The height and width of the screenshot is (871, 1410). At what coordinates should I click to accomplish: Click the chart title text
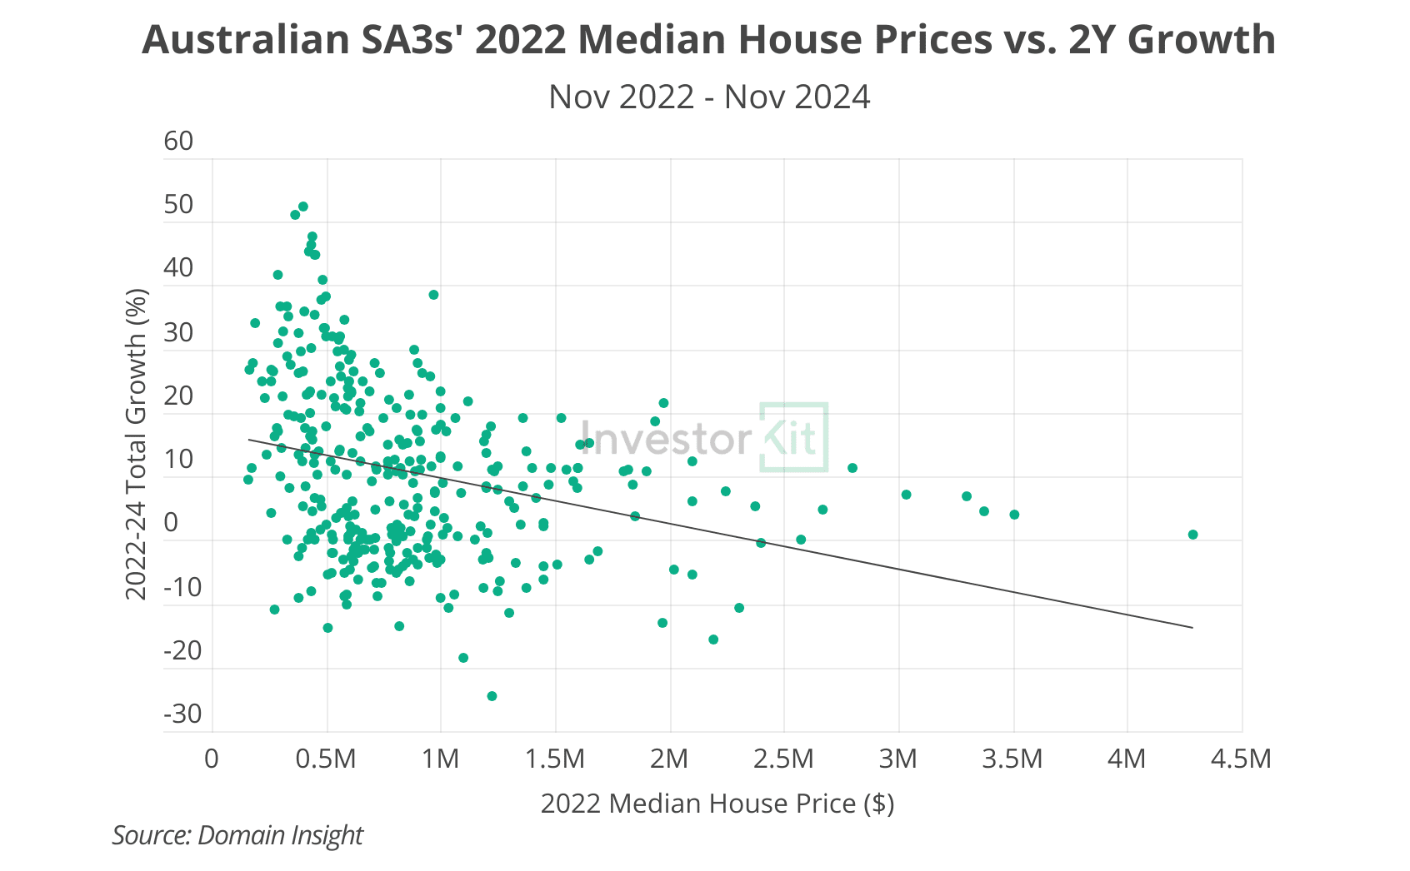click(x=708, y=39)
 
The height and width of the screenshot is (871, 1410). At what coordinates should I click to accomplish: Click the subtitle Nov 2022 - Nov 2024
click(x=709, y=97)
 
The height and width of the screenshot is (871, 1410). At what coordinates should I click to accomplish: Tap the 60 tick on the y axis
click(x=178, y=141)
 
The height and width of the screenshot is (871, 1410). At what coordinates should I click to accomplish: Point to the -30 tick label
click(x=182, y=714)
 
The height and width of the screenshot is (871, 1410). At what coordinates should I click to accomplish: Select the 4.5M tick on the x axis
click(x=1241, y=759)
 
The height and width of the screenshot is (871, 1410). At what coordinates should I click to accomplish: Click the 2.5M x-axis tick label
click(x=783, y=759)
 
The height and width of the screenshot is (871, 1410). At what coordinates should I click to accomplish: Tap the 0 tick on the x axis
click(x=212, y=759)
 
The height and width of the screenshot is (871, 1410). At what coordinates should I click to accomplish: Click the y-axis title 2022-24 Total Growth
click(x=136, y=444)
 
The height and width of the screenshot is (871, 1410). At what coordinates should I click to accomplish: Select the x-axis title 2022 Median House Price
click(x=717, y=804)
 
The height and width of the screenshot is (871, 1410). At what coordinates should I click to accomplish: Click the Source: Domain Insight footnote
click(x=237, y=835)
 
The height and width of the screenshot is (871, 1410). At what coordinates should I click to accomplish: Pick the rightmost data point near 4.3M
click(x=1192, y=535)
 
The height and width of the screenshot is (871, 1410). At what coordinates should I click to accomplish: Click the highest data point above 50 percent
click(x=303, y=207)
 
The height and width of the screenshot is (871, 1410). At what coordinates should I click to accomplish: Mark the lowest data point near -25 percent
click(x=492, y=696)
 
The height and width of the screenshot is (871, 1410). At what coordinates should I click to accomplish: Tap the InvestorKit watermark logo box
click(x=794, y=438)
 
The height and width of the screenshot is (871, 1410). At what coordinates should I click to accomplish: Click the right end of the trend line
click(x=1192, y=627)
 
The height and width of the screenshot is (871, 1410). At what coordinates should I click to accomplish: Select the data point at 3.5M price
click(x=1014, y=515)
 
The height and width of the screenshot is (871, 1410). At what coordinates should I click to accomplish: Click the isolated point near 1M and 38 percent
click(x=433, y=295)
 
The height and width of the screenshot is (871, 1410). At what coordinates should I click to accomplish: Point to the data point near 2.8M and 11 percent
click(x=852, y=468)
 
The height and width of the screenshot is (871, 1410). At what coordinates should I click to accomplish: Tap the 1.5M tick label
click(x=555, y=759)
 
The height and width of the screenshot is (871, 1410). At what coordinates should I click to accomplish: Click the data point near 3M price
click(x=907, y=495)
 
